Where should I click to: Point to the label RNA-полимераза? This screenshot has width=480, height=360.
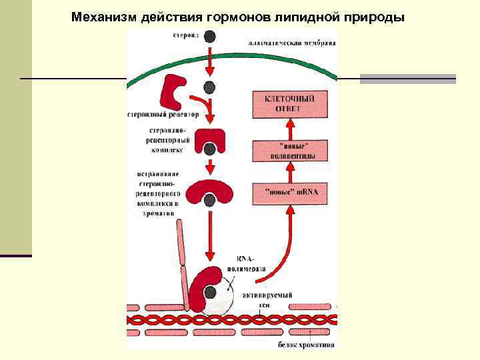pyautogui.click(x=250, y=263)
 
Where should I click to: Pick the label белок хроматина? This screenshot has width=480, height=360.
pyautogui.click(x=306, y=345)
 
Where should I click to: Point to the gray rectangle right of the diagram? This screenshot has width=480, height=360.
pyautogui.click(x=407, y=79)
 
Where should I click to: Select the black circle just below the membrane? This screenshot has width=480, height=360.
pyautogui.click(x=209, y=87)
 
